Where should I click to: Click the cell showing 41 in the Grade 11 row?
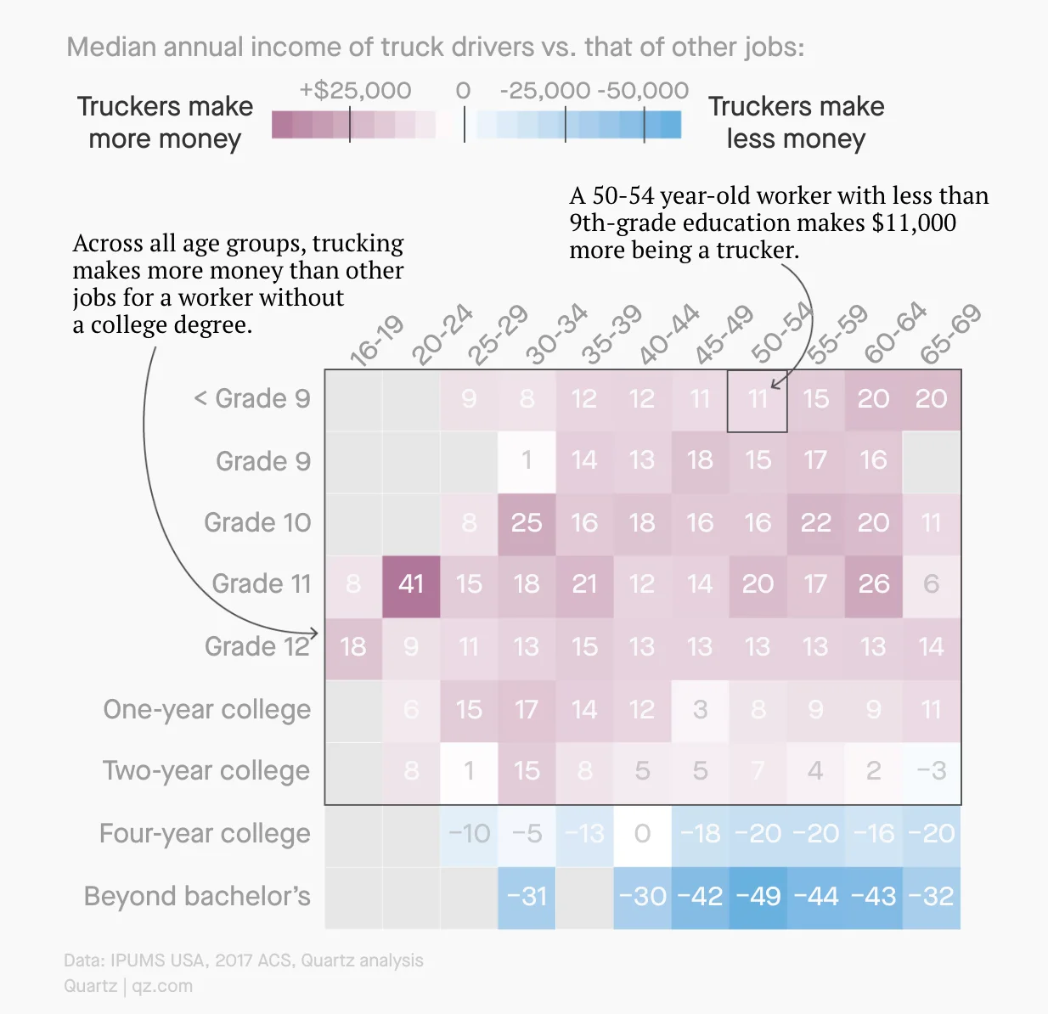[411, 584]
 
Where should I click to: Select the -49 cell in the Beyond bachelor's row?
[758, 897]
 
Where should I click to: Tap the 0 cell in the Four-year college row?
[642, 834]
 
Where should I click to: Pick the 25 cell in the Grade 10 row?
[527, 522]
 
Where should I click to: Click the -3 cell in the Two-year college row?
[931, 771]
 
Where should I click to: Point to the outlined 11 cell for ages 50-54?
[758, 399]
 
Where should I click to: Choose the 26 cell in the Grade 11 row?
[873, 584]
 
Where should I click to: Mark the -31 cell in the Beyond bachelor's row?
[527, 897]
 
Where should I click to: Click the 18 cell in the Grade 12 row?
[353, 647]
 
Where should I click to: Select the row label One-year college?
[206, 709]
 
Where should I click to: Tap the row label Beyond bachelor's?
[197, 897]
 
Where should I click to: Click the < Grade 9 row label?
[252, 398]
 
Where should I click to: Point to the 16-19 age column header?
[377, 341]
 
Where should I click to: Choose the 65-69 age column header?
[951, 333]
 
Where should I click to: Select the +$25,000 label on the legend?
[355, 91]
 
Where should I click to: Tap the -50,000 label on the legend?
[643, 91]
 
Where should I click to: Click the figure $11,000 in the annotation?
[914, 223]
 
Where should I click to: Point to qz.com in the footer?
[162, 986]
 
